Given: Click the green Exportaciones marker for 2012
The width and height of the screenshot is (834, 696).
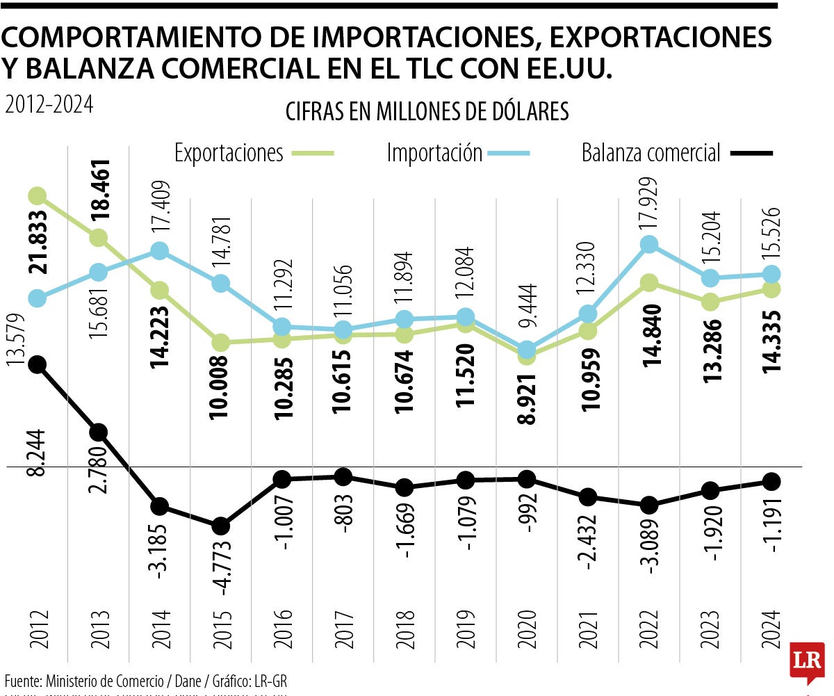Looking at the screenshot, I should coord(38,196).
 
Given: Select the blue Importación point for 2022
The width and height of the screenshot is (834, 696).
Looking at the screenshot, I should coord(649,244).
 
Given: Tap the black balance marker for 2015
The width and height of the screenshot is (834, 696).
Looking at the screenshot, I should coord(221,526).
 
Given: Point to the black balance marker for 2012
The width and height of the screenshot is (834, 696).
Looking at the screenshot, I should coord(38,364).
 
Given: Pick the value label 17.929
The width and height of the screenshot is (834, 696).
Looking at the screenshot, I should coord(650,202).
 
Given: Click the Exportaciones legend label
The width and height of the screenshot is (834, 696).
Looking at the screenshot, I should coord(229,152).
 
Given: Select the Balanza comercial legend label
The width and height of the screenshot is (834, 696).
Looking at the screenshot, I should coord(651,152).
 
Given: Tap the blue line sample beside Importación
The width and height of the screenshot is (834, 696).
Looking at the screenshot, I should coord(509,153).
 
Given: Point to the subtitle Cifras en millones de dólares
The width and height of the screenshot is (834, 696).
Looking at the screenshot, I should coord(427,111).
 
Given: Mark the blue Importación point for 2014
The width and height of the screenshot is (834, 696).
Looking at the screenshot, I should coord(160,251).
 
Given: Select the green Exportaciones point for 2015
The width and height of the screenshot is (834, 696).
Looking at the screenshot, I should coord(221,342).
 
